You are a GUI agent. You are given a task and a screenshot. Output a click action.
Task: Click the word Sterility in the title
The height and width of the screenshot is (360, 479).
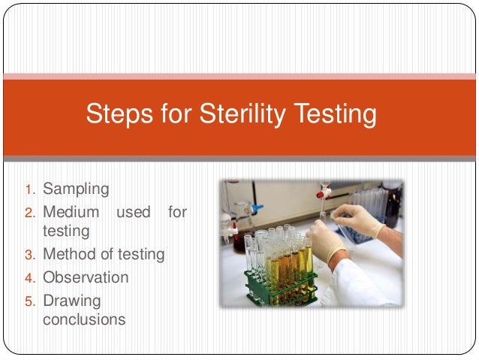(246, 115)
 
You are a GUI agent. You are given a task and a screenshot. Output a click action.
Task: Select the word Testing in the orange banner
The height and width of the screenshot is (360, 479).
(335, 115)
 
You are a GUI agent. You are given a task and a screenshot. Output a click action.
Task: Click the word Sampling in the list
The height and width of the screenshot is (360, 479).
(76, 188)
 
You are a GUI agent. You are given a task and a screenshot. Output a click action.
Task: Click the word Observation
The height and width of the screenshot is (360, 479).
(86, 277)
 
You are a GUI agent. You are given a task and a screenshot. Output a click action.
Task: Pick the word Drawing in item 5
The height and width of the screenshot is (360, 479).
(71, 301)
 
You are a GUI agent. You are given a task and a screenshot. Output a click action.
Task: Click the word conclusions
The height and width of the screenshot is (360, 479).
(84, 319)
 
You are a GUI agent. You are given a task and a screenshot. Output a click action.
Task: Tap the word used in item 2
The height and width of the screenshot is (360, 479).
(134, 213)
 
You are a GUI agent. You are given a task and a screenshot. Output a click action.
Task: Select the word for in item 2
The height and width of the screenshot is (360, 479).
(177, 213)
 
